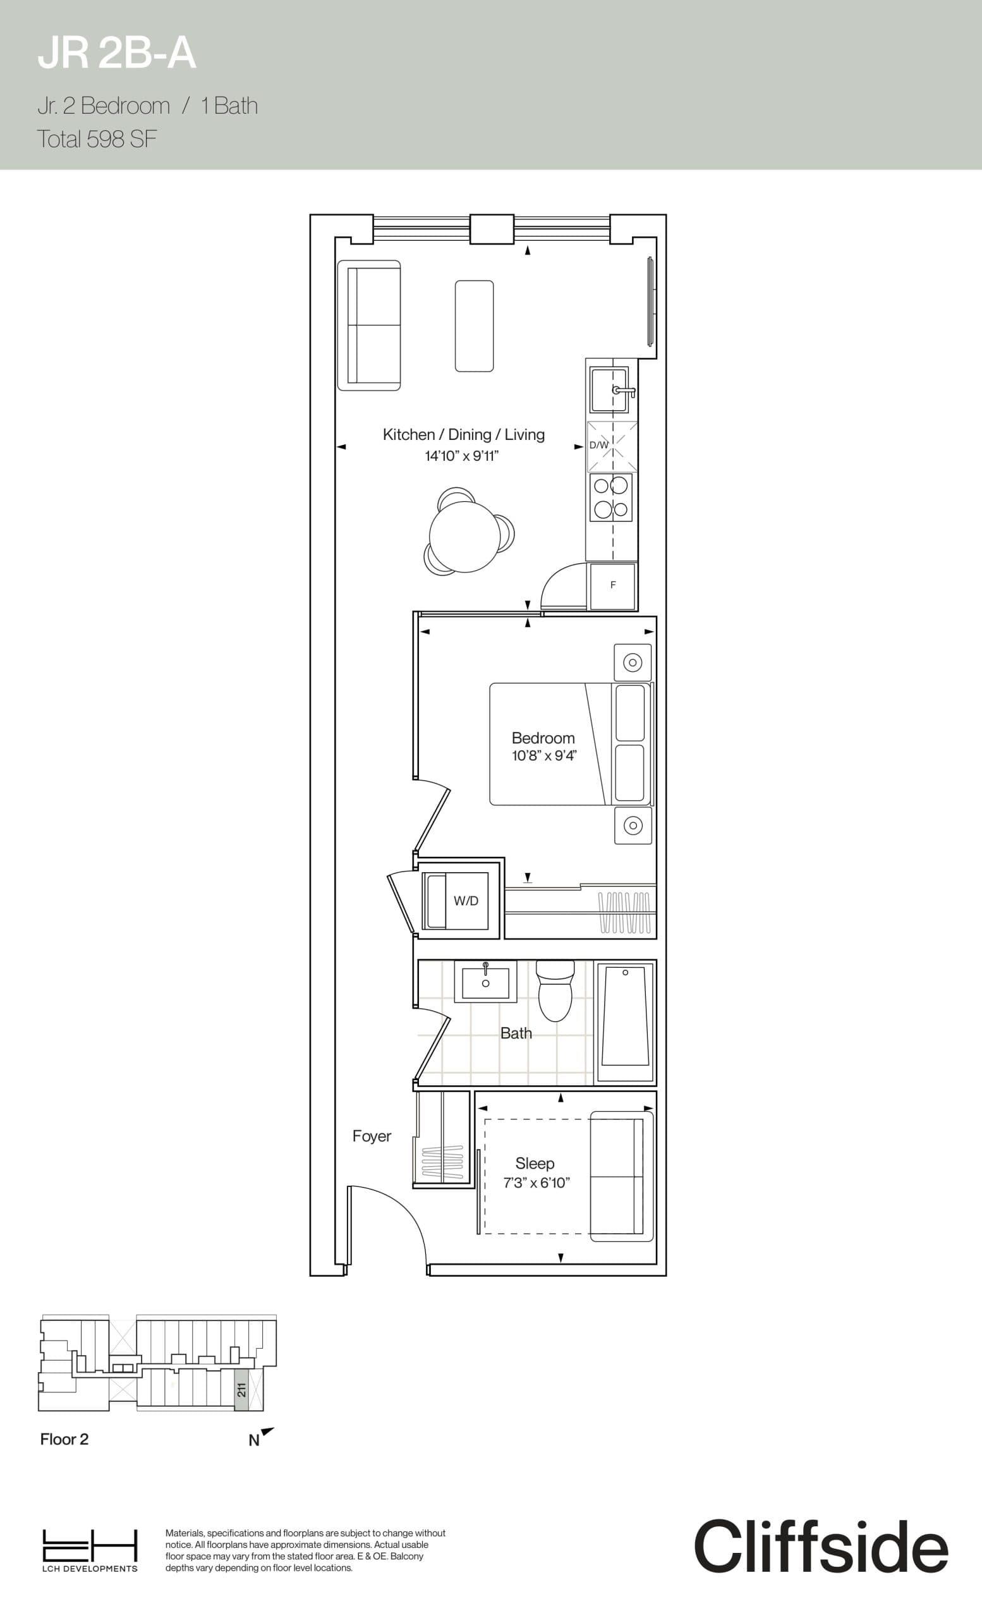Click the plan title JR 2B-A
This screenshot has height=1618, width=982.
(x=117, y=54)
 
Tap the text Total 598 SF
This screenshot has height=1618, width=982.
(x=97, y=139)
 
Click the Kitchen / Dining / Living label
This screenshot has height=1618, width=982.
(x=463, y=435)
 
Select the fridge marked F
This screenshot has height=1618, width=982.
(x=612, y=585)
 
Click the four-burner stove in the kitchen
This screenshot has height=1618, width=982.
(x=610, y=497)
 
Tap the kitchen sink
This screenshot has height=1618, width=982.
(x=609, y=389)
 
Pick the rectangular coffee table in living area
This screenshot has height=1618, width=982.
(x=474, y=325)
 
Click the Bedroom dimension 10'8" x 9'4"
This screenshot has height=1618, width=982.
(x=543, y=756)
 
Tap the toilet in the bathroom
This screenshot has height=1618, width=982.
(x=555, y=991)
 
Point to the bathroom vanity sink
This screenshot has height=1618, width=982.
(x=486, y=982)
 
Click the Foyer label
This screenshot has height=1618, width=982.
(x=372, y=1136)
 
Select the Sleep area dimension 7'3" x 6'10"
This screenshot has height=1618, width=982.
(x=536, y=1183)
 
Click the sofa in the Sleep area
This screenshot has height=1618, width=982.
(x=621, y=1176)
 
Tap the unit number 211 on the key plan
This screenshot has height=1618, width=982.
(x=241, y=1389)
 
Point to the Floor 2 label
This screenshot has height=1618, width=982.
(x=64, y=1439)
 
